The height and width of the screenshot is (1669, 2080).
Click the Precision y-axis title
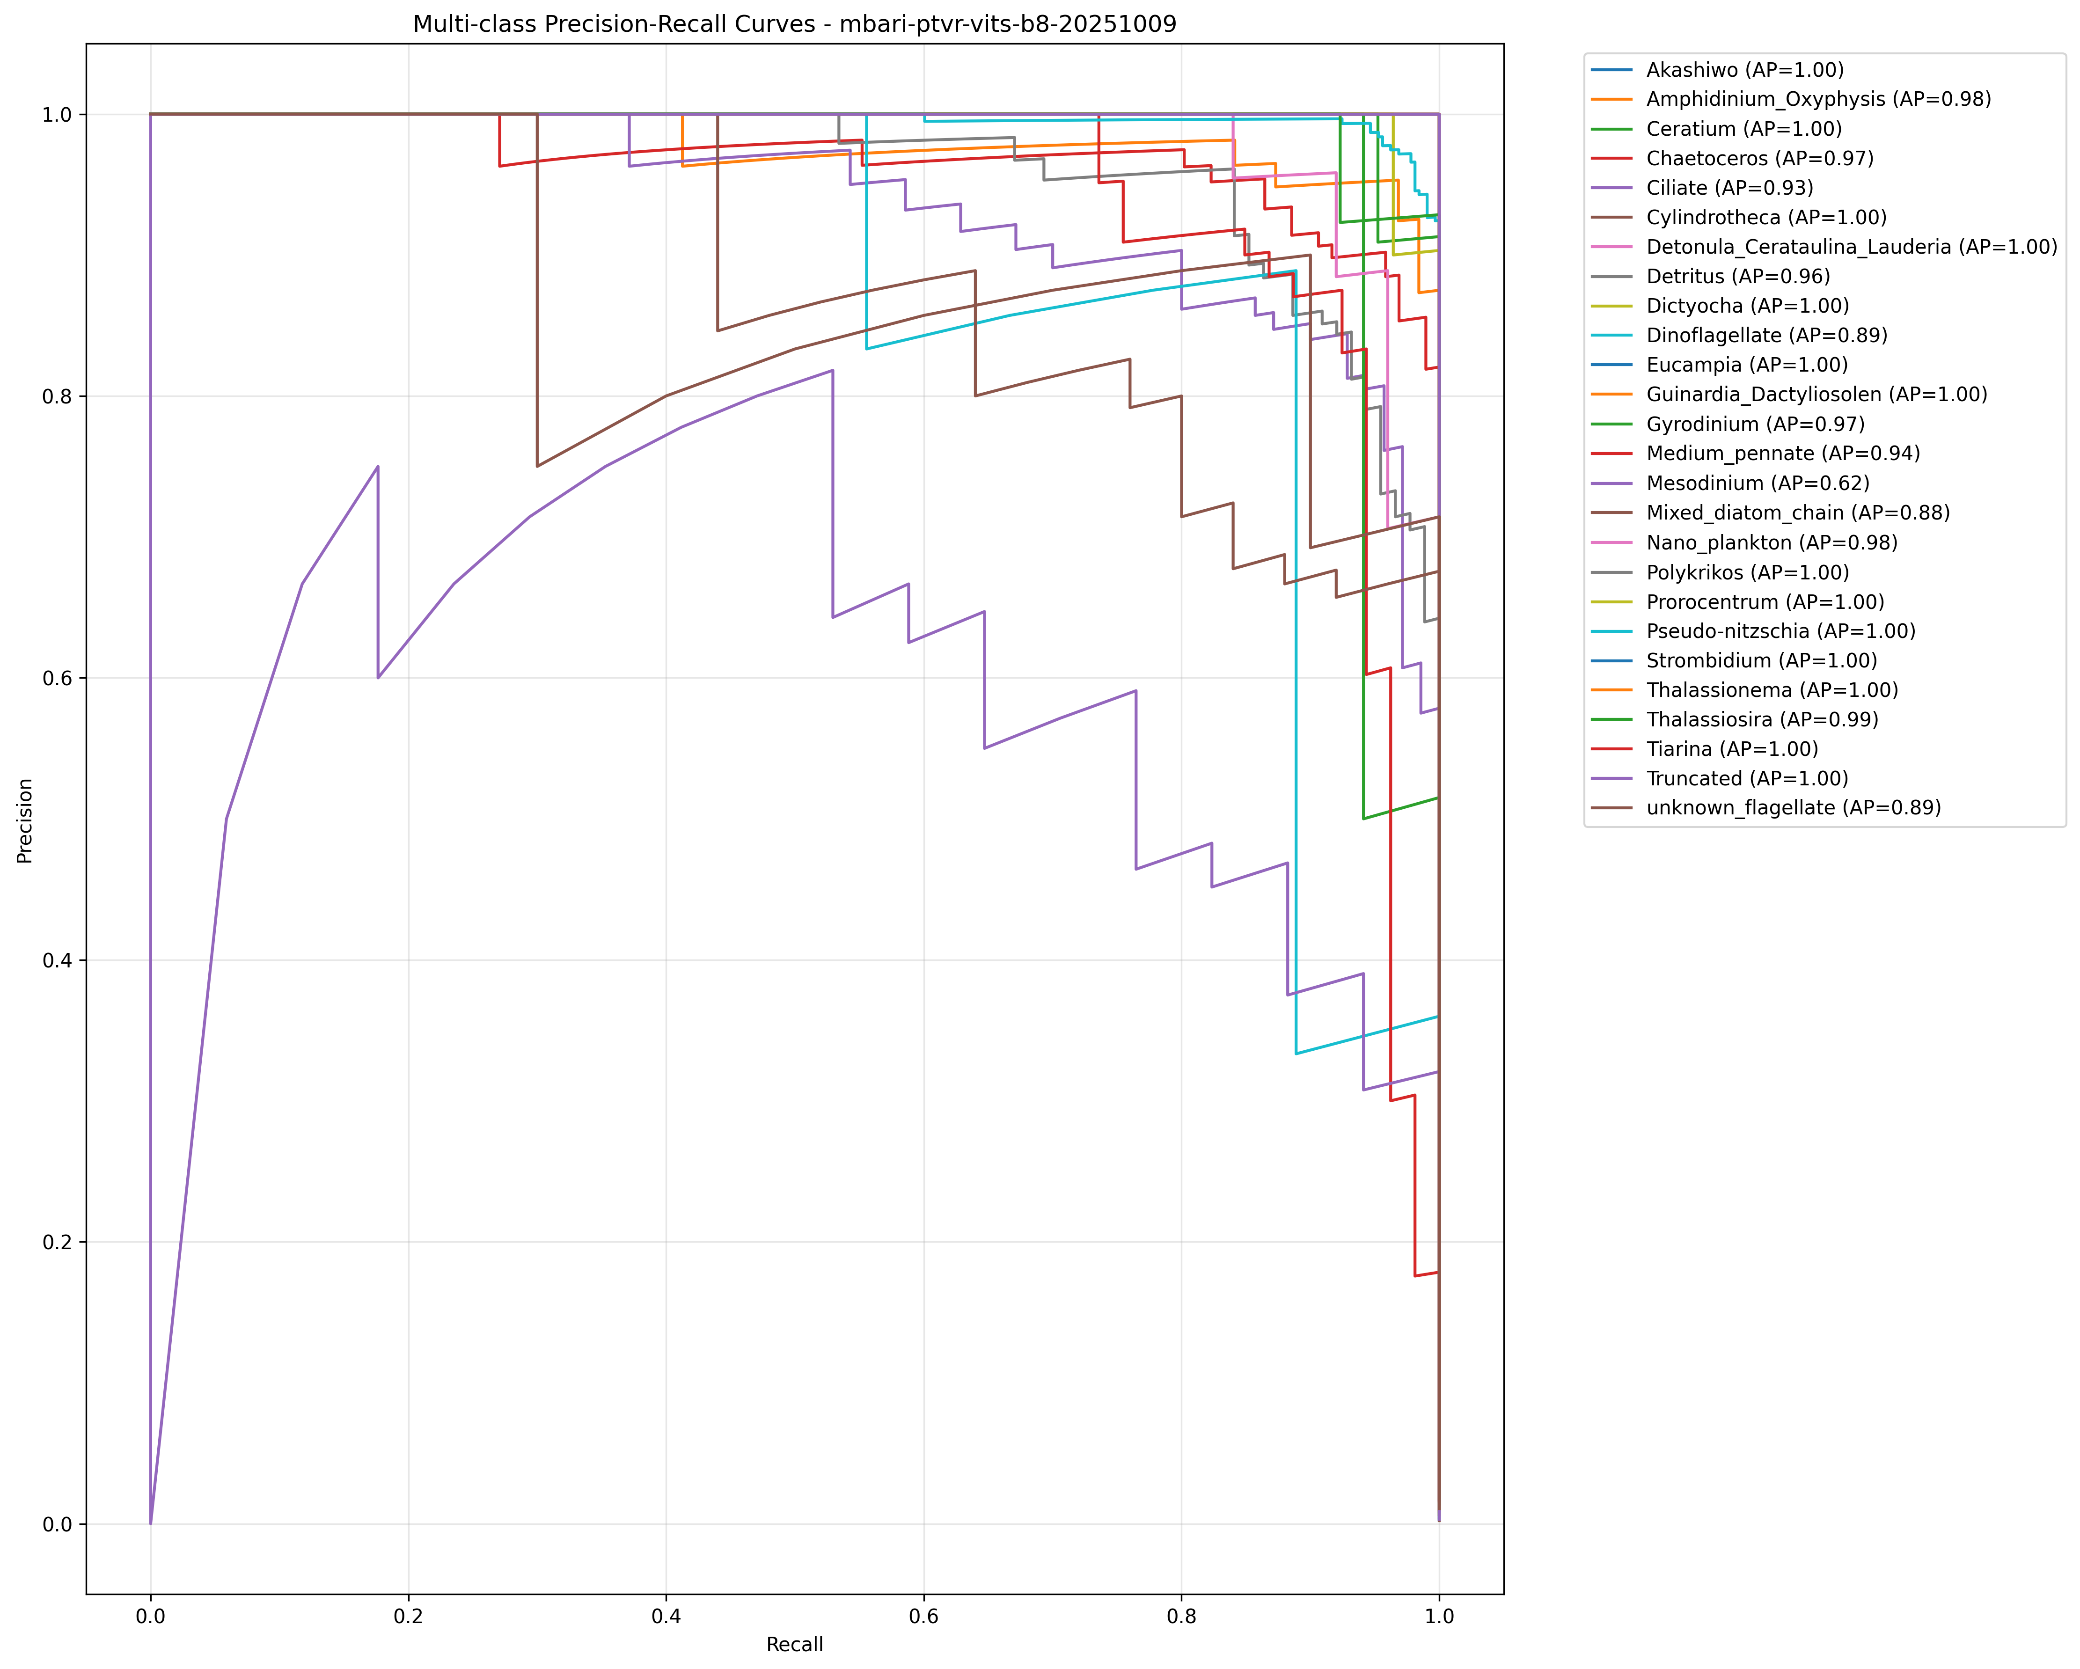[25, 821]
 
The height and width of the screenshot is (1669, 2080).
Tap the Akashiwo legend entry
[1744, 69]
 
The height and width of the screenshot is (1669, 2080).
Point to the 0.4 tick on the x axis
[666, 1616]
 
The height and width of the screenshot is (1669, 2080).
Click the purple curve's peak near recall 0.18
[377, 467]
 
